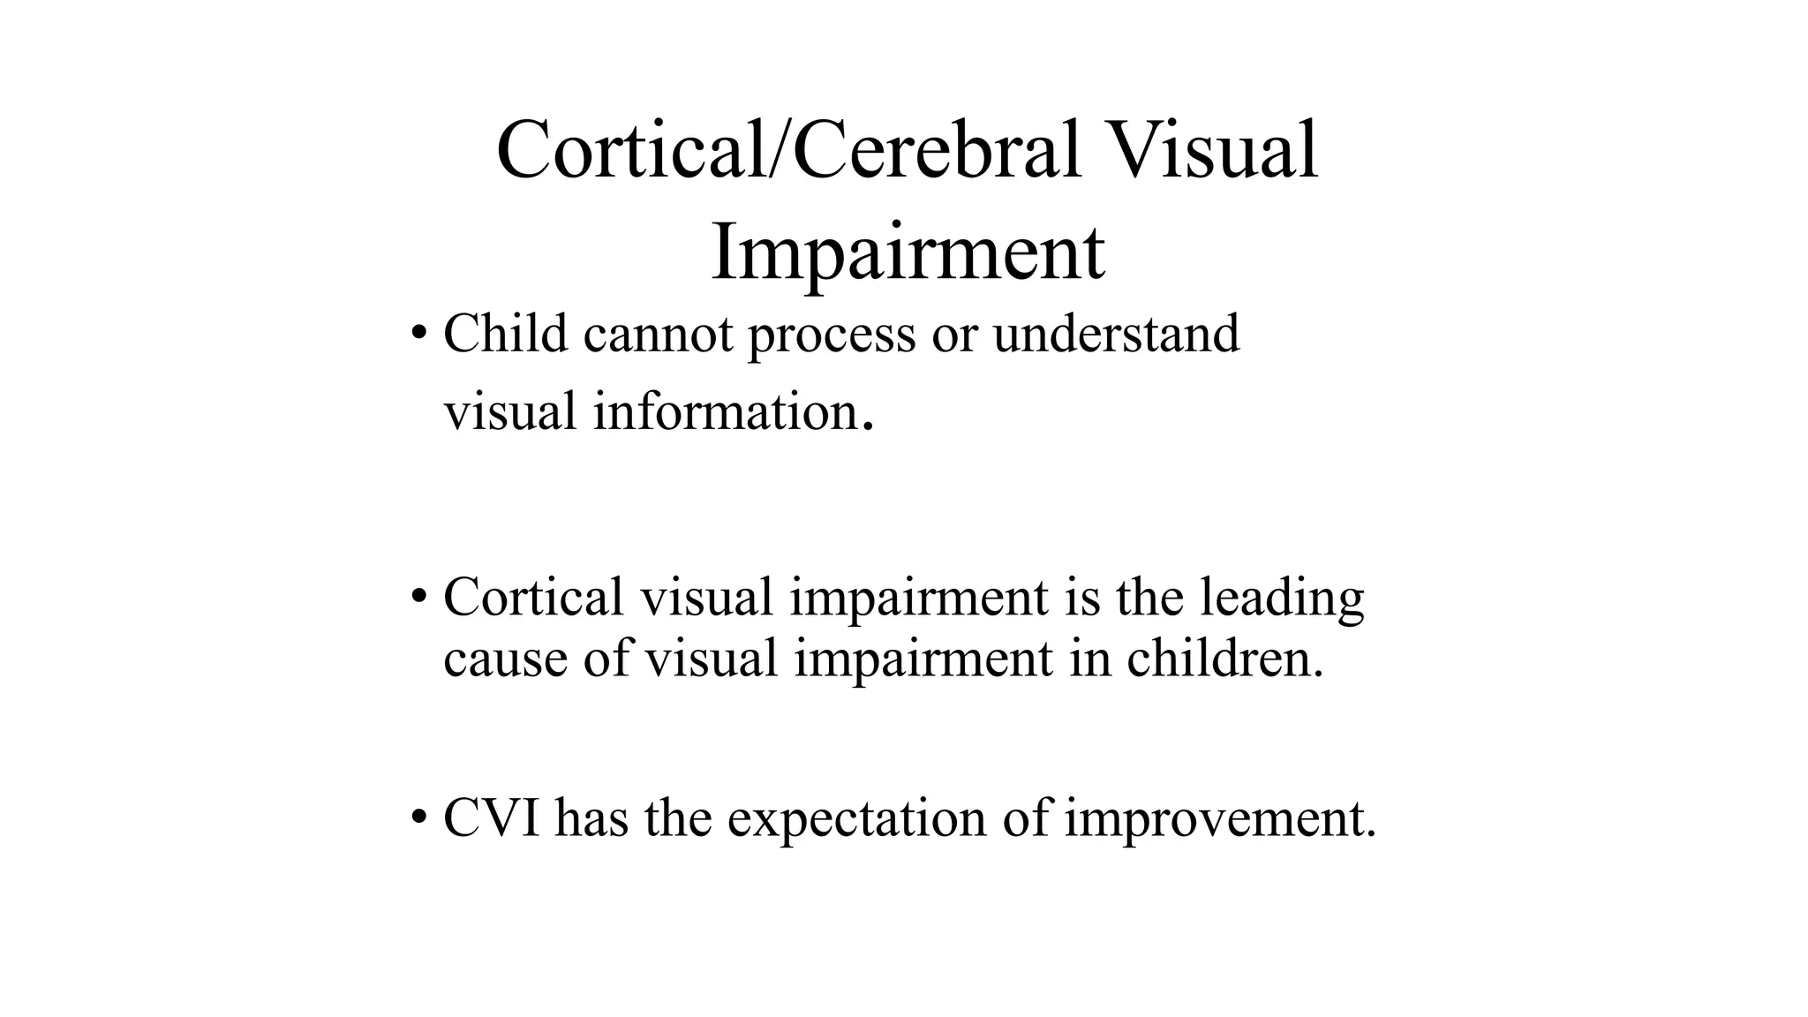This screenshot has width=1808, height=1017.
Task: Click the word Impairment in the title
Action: pyautogui.click(x=907, y=252)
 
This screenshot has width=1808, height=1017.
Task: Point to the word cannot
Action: pyautogui.click(x=658, y=335)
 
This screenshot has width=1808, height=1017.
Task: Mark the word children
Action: pyautogui.click(x=1225, y=659)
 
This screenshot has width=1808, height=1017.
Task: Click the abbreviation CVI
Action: pyautogui.click(x=492, y=817)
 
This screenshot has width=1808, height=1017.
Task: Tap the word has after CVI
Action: pyautogui.click(x=591, y=817)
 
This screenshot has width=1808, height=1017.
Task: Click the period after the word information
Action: pyautogui.click(x=869, y=428)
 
